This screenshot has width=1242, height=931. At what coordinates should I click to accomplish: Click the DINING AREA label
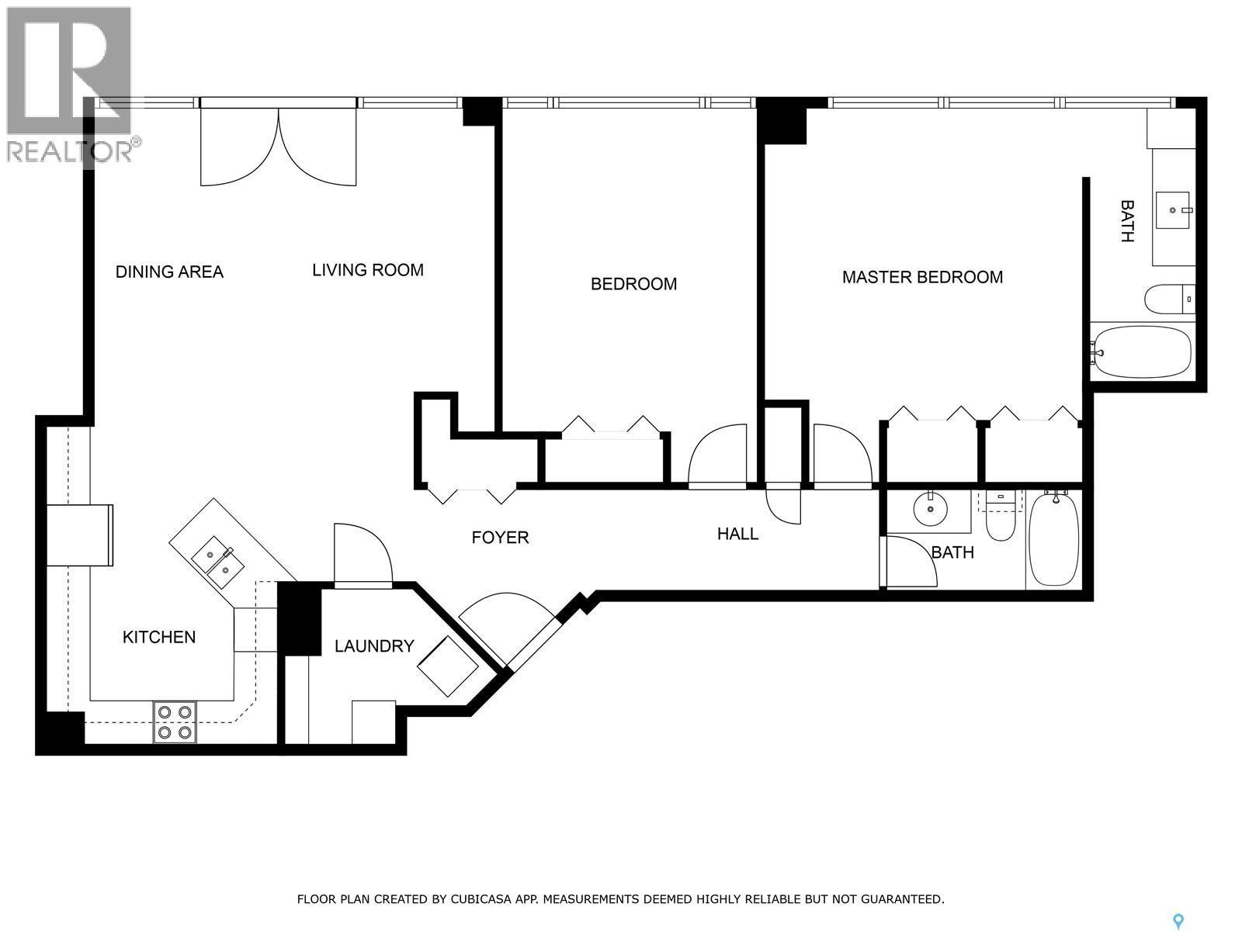coord(169,272)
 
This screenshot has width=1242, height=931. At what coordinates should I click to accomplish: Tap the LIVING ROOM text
coord(367,270)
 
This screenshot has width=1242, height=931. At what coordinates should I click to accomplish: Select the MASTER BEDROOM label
coord(922,277)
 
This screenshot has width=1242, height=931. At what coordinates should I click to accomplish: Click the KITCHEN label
coord(159,637)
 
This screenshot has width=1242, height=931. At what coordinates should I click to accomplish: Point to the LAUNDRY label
coord(374,646)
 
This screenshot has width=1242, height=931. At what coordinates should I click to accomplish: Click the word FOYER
coord(500,537)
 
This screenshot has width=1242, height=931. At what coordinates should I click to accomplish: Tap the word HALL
coord(737,534)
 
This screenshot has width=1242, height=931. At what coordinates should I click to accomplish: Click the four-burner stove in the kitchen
coord(175,722)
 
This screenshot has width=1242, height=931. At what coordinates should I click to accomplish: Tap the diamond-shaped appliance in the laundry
coord(448,666)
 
